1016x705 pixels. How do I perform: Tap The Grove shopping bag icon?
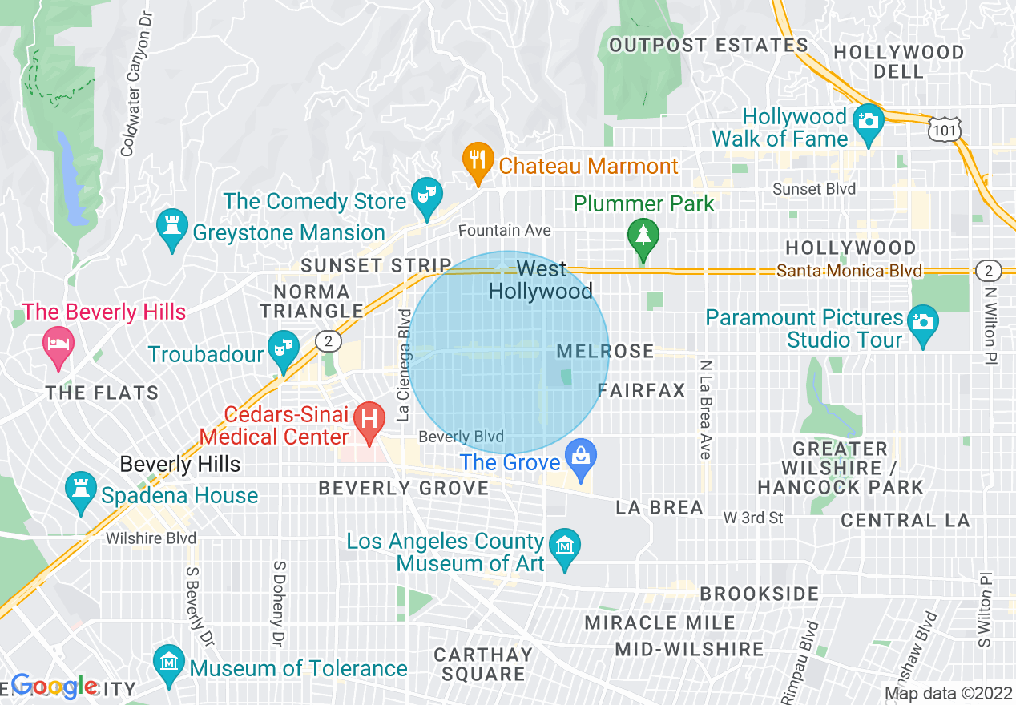pyautogui.click(x=578, y=459)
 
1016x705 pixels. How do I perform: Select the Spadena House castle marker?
pyautogui.click(x=80, y=490)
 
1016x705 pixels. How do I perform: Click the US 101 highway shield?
pyautogui.click(x=945, y=128)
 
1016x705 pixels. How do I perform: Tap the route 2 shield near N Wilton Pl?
pyautogui.click(x=990, y=271)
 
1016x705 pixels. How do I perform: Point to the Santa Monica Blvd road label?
pyautogui.click(x=849, y=271)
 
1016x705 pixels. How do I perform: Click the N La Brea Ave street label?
pyautogui.click(x=705, y=409)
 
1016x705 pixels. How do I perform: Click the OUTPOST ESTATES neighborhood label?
pyautogui.click(x=708, y=45)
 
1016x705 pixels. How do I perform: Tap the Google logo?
pyautogui.click(x=54, y=686)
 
